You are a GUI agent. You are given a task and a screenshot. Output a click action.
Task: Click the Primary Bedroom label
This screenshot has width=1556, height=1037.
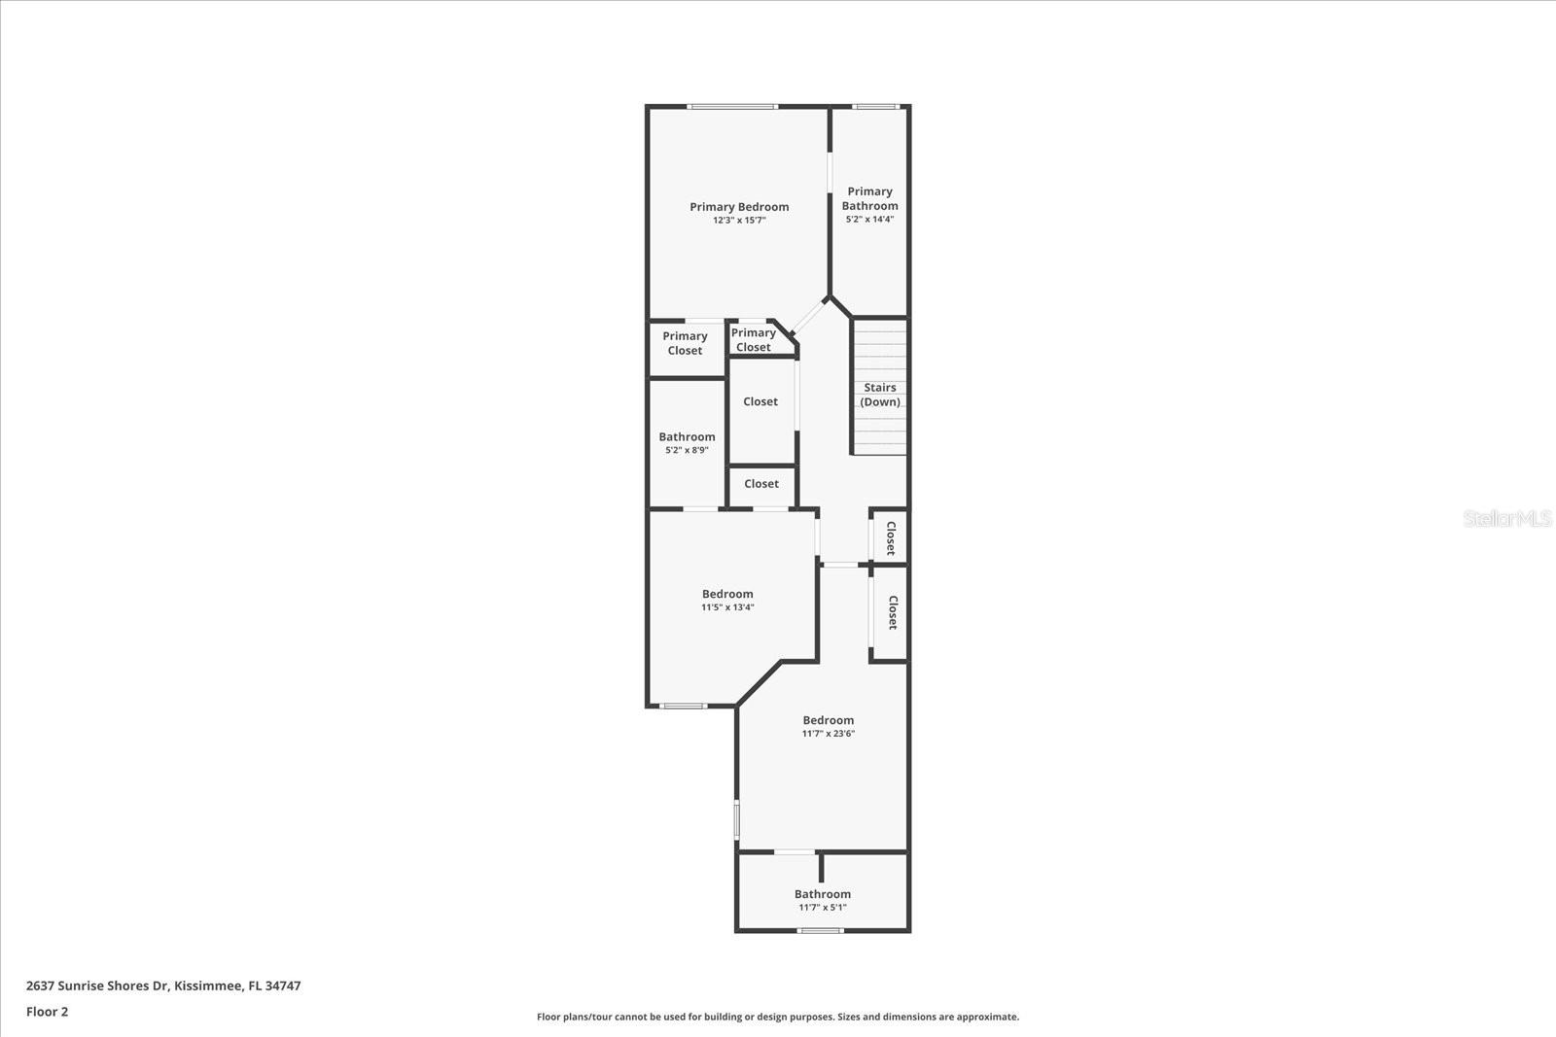point(739,207)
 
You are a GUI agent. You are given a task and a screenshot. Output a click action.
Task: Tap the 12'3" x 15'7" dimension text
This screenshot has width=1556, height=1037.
point(739,221)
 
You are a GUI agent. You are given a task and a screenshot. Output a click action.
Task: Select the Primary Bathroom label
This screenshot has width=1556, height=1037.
point(869,198)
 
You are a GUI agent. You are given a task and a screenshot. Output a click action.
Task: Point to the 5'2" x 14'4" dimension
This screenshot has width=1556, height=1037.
point(869,220)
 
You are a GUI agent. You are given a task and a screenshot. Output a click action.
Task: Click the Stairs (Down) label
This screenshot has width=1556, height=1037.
point(880,395)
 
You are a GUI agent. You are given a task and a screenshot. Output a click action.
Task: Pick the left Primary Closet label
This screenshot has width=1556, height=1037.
point(685,343)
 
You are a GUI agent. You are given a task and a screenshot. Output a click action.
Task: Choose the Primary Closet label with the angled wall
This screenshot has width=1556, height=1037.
point(753,340)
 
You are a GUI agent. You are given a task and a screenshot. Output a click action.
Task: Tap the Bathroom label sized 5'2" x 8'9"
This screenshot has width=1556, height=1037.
point(687,436)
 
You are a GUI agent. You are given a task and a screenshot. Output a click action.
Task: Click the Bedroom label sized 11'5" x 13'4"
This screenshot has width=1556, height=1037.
point(727,594)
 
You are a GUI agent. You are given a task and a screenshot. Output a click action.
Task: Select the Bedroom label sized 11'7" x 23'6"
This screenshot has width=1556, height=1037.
point(828,720)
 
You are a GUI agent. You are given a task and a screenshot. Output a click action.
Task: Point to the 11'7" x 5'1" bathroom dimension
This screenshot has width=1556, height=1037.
point(823,908)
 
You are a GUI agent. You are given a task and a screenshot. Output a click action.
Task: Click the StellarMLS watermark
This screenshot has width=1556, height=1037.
point(1506,519)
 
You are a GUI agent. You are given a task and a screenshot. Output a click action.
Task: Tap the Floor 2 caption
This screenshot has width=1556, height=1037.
point(48,1012)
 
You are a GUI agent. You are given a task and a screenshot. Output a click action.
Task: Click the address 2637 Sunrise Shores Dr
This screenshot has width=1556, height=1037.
point(96,985)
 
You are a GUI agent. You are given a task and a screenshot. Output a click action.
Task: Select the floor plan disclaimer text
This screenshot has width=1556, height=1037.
point(778,1017)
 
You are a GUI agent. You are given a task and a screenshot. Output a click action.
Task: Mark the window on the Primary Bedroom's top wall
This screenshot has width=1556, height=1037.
point(732,107)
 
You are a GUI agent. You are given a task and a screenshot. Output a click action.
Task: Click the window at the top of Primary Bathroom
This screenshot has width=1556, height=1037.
point(876,107)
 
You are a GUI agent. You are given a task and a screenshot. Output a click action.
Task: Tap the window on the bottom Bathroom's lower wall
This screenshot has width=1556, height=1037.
point(821,930)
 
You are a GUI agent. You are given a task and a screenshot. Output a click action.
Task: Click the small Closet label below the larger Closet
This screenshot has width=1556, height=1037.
point(761,484)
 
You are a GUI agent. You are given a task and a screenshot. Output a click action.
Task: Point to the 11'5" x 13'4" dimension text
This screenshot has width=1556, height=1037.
point(727,608)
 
